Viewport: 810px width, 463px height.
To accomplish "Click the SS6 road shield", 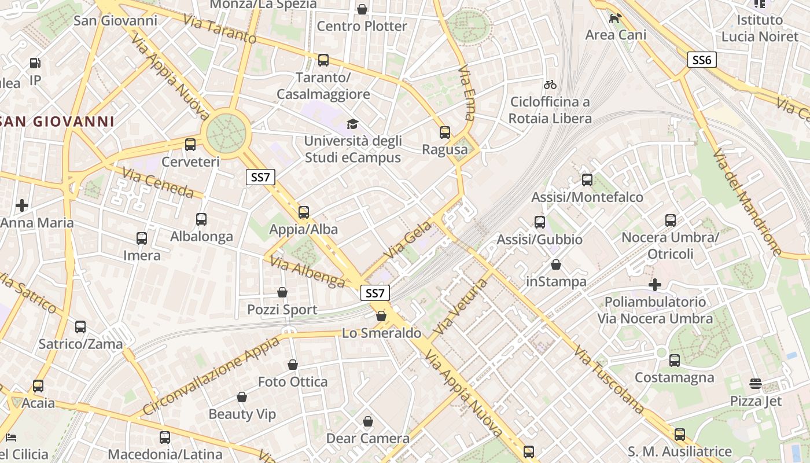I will tap(702, 60).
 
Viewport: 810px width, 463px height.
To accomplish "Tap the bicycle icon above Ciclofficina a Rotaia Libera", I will tap(550, 84).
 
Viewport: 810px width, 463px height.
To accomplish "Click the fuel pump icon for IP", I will tap(35, 63).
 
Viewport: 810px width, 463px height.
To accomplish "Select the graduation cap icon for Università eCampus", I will tap(352, 124).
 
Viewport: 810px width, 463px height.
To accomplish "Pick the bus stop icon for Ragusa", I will tap(444, 133).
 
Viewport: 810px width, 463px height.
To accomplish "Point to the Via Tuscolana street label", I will tap(610, 379).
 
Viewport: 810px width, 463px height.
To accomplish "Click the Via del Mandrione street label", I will tap(747, 201).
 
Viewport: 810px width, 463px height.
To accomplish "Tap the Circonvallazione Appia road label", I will tap(211, 376).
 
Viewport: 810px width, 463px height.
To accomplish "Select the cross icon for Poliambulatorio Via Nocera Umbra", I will tap(655, 285).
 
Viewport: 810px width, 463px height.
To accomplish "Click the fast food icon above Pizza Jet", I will tap(755, 384).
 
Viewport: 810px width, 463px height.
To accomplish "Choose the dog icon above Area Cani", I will tap(615, 18).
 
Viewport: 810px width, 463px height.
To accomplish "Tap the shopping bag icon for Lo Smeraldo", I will tap(381, 316).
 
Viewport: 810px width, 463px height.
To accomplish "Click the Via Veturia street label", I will tap(461, 307).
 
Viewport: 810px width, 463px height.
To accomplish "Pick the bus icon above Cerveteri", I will tap(190, 145).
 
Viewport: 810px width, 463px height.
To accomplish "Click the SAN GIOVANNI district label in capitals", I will tap(57, 122).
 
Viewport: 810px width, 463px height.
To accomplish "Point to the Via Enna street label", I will tap(466, 93).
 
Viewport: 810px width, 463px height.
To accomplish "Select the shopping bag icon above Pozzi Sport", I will tap(282, 292).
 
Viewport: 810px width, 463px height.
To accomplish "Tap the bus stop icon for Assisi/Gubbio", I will tap(540, 222).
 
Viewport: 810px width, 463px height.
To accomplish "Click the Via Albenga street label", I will tap(307, 271).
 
